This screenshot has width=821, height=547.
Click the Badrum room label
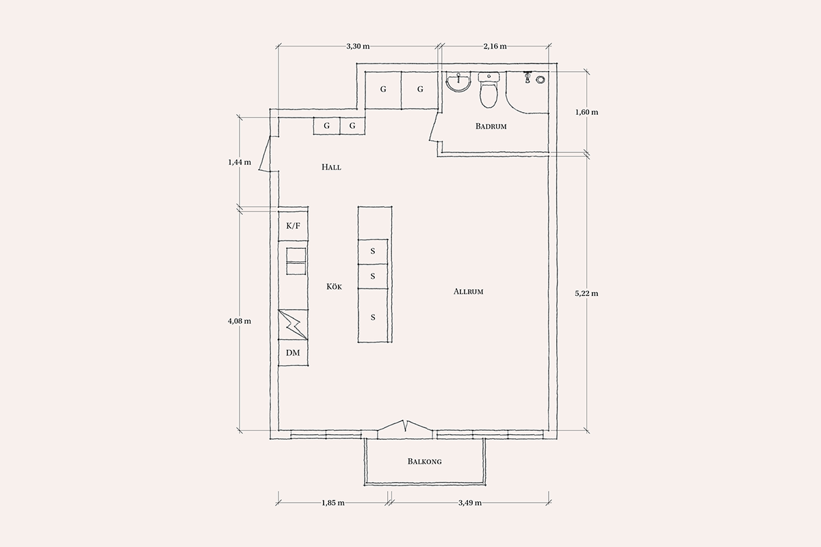[491, 126]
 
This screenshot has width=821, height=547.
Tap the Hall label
[331, 168]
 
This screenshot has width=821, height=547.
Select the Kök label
[334, 286]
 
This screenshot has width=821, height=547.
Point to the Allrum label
[469, 292]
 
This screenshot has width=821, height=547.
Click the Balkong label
[424, 462]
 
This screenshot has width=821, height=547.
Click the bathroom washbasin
[458, 83]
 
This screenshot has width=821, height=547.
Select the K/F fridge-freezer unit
[293, 226]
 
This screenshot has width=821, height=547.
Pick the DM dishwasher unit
[293, 353]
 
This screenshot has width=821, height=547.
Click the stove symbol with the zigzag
[293, 325]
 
